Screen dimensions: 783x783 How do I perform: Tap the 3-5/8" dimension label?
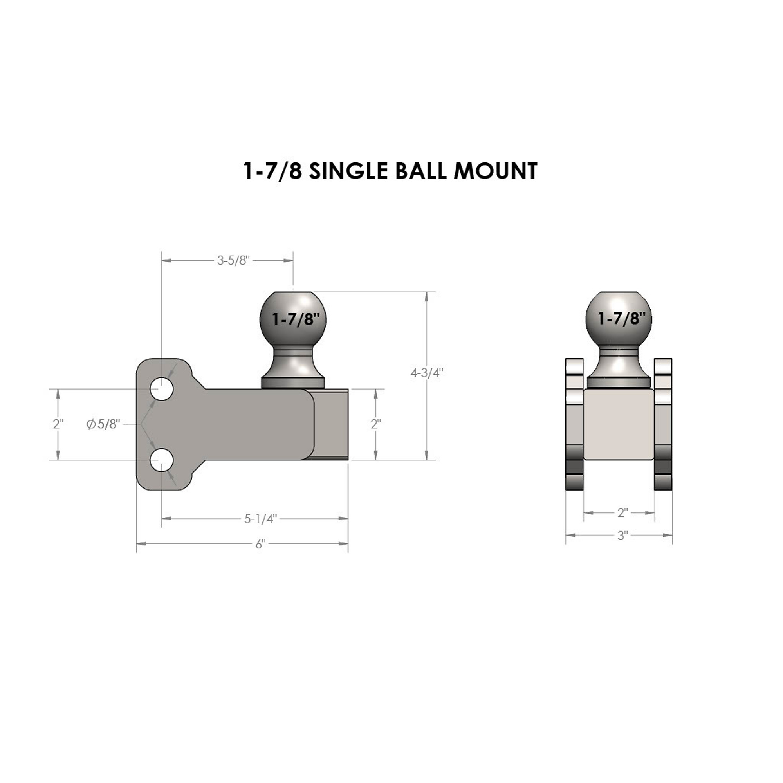point(233,261)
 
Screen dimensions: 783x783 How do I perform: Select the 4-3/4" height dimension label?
point(427,373)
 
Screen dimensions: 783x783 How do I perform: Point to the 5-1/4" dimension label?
point(260,519)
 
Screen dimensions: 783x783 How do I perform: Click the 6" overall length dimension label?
point(260,544)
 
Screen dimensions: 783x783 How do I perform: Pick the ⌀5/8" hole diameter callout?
point(103,424)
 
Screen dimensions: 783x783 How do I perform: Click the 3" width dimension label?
point(622,536)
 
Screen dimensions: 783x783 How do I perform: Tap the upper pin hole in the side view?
point(162,389)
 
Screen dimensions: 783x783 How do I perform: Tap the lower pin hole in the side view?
point(162,460)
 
